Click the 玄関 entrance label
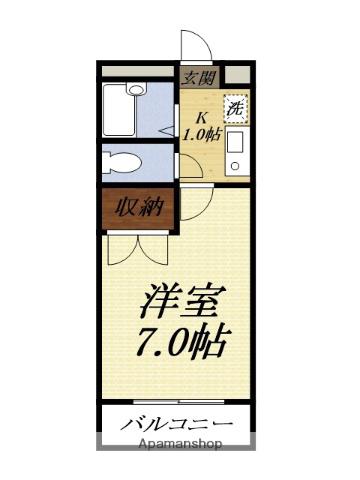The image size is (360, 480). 200,78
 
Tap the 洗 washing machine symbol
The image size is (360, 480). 236,109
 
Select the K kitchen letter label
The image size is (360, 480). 201,117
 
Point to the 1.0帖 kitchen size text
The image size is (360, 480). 202,134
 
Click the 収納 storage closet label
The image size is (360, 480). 139,208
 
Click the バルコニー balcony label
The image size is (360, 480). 176,424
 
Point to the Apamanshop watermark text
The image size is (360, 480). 180,444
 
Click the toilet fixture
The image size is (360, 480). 121,163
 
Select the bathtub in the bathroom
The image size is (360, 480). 119,110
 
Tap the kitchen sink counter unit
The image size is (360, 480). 237,152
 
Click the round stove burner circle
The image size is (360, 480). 236,165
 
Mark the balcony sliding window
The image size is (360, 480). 179,401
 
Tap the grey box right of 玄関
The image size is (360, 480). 237,75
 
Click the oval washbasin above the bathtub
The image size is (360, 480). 136,89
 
